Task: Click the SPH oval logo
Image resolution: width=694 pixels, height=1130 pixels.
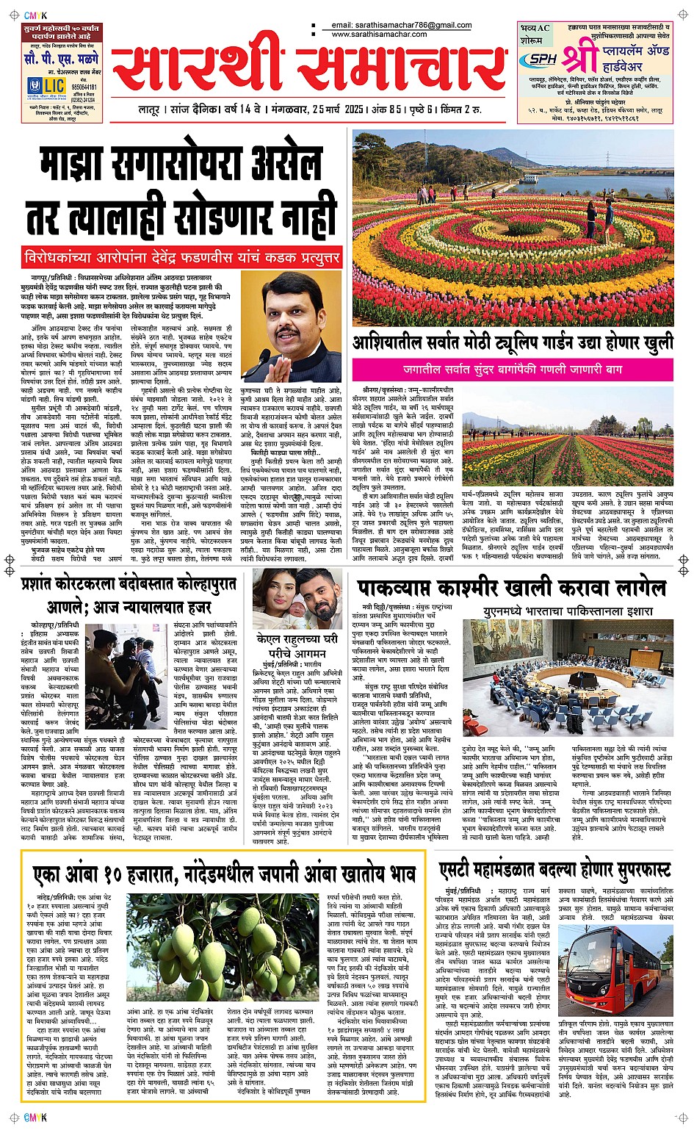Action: coord(542,59)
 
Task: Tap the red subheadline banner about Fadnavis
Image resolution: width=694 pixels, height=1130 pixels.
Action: coord(181,258)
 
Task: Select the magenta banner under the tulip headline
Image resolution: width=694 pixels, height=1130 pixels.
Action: coord(513,370)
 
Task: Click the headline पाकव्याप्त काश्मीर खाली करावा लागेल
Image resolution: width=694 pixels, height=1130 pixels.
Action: coord(513,589)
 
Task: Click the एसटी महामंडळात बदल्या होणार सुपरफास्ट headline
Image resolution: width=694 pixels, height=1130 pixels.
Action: coord(554,871)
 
